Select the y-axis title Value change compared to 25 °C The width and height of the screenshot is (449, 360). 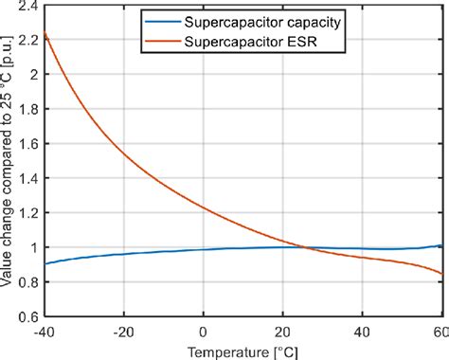pos(9,161)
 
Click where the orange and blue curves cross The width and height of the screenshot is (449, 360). pos(302,247)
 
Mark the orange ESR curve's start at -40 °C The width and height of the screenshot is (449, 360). pos(45,34)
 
